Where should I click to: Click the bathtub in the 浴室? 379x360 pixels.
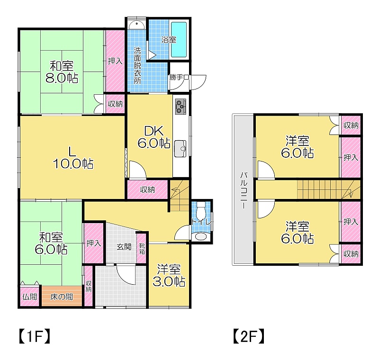[179, 40]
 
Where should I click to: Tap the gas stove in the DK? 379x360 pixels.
[180, 106]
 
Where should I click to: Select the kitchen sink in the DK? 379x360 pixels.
[180, 148]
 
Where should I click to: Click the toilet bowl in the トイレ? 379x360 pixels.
[200, 210]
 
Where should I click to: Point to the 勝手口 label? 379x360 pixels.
[179, 77]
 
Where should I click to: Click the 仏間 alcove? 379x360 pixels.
[29, 297]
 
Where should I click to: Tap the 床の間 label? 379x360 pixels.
[62, 297]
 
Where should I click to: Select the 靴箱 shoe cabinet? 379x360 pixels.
[142, 249]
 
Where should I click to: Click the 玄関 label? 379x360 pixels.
[124, 247]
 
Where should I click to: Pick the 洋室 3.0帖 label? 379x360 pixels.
[169, 275]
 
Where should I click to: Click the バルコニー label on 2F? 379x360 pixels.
[244, 190]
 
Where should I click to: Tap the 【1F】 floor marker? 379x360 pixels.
[34, 336]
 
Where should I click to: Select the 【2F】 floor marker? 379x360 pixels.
[248, 336]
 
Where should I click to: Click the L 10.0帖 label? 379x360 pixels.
[73, 158]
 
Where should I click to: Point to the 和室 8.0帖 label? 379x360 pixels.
[62, 72]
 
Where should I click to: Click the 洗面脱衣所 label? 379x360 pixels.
[137, 65]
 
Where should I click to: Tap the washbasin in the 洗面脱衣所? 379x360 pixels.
[136, 25]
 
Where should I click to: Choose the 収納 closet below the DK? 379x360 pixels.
[147, 189]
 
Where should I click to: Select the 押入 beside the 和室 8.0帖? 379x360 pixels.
[115, 61]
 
